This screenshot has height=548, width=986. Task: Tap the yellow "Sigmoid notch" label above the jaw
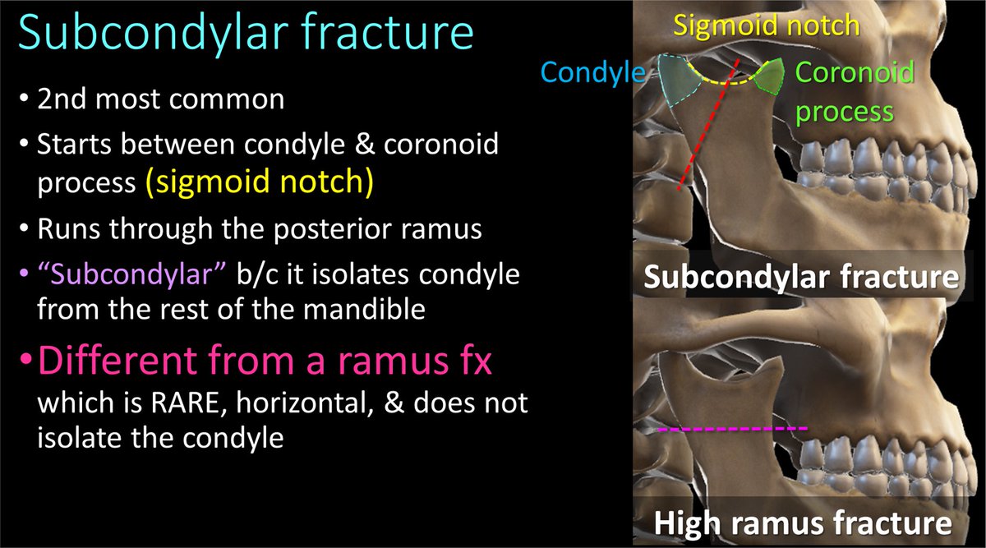(766, 25)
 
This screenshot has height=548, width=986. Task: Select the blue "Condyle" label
(592, 74)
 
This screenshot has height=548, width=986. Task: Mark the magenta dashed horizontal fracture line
(734, 429)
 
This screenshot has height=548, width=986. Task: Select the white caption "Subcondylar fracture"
(802, 278)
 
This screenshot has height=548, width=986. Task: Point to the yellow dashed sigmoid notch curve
(723, 82)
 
